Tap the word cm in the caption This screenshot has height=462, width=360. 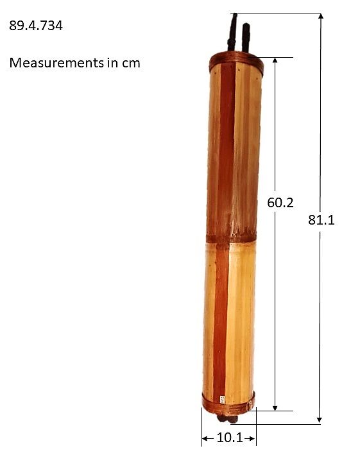130,63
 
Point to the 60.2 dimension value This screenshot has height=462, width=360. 280,203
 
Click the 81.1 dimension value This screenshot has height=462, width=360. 321,219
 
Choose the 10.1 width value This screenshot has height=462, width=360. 229,439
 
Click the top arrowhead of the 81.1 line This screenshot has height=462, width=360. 321,16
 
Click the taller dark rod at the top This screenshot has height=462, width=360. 233,32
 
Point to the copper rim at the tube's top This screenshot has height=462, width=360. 236,62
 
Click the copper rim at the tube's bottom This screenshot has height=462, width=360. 228,402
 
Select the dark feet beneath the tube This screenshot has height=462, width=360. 228,419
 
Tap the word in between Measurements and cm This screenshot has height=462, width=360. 110,63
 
